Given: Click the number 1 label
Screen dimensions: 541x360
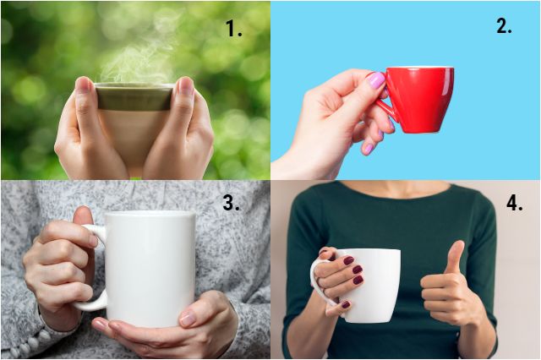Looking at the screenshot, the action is (234, 28).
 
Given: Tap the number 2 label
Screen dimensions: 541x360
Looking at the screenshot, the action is (504, 25).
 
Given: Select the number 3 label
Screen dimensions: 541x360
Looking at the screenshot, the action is (231, 202).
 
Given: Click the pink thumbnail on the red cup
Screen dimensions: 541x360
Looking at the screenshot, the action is (375, 80).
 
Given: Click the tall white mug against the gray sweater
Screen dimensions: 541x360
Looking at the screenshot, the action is (150, 269).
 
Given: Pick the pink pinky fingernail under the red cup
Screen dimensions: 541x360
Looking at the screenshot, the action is (369, 149).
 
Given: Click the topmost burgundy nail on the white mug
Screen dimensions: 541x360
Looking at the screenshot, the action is (348, 260).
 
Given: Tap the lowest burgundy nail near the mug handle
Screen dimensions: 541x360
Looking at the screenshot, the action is (346, 304).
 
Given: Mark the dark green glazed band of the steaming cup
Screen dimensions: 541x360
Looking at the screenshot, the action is (134, 98).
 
